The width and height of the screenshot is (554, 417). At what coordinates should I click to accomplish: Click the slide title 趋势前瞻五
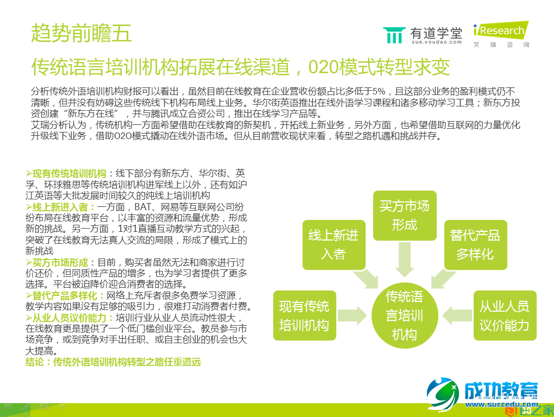point(81,34)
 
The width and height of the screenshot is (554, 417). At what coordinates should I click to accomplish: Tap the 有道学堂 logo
point(423,35)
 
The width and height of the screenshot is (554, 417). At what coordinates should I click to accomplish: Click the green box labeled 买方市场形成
point(405,216)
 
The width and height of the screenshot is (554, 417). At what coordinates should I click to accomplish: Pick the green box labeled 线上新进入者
point(333,244)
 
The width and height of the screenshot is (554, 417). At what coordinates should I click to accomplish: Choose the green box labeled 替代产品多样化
point(475,244)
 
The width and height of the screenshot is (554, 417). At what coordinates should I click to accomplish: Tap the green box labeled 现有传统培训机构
point(304,315)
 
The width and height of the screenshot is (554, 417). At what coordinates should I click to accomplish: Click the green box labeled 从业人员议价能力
point(504,315)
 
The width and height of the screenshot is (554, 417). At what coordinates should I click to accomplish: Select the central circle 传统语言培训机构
point(404,315)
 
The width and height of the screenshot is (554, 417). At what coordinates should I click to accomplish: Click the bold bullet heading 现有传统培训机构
point(69,174)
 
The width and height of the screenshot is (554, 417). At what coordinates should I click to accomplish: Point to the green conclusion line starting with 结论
point(113,362)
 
